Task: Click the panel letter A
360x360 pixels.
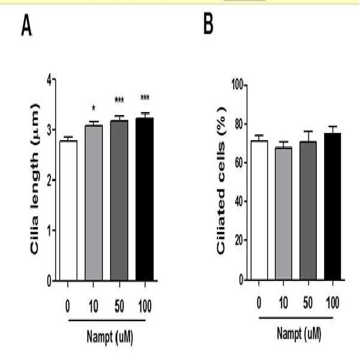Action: click(x=26, y=25)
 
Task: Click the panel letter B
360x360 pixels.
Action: click(x=208, y=24)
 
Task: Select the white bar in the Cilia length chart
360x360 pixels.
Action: click(x=68, y=210)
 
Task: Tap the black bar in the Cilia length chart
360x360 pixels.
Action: click(x=144, y=199)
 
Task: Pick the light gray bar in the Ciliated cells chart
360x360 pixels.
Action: click(x=283, y=213)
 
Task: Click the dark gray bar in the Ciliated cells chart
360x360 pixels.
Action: click(x=308, y=210)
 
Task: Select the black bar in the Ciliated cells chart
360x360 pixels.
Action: click(x=332, y=207)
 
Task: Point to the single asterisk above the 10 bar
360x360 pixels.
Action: click(x=93, y=108)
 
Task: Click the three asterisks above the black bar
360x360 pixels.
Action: click(x=145, y=98)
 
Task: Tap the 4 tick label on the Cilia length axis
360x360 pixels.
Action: click(x=49, y=80)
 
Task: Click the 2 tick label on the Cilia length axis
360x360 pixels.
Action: click(x=49, y=180)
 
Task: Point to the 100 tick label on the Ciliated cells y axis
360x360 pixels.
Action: click(x=237, y=85)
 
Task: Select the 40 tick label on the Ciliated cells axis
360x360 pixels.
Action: click(x=239, y=201)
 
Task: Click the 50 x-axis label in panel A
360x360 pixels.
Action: click(x=119, y=306)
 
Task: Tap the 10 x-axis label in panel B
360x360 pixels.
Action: click(x=283, y=302)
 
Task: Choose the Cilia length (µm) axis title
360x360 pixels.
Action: click(x=35, y=179)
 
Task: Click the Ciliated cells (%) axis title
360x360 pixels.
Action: click(x=221, y=181)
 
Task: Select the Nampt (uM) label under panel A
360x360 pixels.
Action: click(x=110, y=337)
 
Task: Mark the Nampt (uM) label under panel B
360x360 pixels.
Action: click(x=299, y=334)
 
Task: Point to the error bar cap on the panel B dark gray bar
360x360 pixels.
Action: click(x=308, y=131)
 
